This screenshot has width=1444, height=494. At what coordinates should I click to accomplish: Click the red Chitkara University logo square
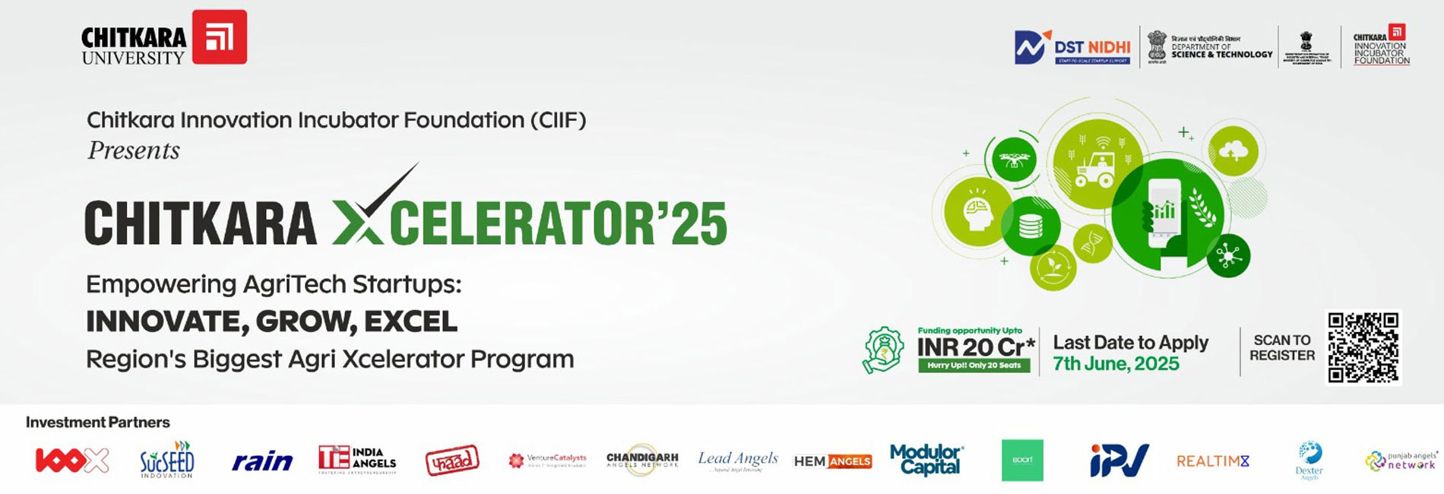click(219, 36)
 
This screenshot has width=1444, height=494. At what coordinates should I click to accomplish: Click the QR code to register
click(1363, 347)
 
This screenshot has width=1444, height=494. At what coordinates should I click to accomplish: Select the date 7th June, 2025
click(1115, 364)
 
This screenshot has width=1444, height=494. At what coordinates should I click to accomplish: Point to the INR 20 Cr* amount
click(976, 347)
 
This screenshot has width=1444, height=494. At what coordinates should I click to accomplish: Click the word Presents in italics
click(134, 150)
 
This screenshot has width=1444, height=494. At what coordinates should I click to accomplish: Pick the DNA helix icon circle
click(1093, 244)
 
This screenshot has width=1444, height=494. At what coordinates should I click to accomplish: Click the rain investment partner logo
click(262, 461)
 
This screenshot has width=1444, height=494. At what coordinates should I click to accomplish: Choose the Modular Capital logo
click(926, 460)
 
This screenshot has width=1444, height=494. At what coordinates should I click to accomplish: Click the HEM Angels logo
click(832, 461)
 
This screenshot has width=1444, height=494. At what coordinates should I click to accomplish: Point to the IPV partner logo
click(1119, 461)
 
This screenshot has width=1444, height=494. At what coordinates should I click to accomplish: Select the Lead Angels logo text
click(738, 458)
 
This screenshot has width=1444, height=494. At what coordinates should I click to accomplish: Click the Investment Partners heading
click(98, 423)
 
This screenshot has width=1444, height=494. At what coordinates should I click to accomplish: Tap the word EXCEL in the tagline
click(410, 321)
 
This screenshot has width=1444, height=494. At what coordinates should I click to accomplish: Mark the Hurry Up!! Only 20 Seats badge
click(974, 366)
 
